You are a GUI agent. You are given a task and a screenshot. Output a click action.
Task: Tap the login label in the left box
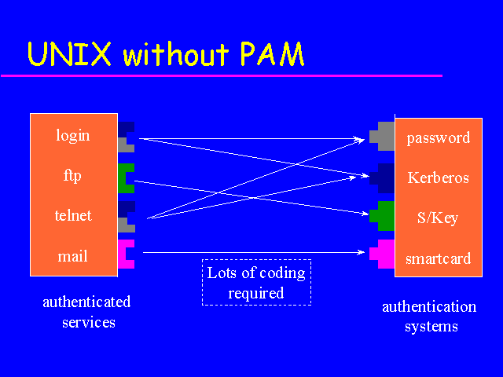[x=73, y=135]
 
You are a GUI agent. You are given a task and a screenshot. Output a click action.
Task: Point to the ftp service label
[x=73, y=175]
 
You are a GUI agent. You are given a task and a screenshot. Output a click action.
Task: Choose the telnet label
[x=73, y=215]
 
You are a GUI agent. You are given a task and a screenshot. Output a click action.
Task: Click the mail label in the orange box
[x=73, y=255]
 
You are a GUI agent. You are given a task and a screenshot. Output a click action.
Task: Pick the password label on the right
[x=438, y=138]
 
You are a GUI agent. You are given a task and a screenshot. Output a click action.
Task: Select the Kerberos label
[x=438, y=178]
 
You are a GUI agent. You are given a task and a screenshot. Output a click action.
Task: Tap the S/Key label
[x=438, y=218]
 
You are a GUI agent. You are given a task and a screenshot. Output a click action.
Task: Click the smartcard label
[x=438, y=258]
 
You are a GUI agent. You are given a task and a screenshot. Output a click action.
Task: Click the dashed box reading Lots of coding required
[x=256, y=283]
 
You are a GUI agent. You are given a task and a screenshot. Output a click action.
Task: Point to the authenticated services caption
[x=86, y=312]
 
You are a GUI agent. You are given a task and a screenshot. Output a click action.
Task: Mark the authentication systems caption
[x=428, y=317]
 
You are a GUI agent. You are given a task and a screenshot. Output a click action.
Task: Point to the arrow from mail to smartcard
[x=251, y=253]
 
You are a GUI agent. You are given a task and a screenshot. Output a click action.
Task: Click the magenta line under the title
[x=220, y=75]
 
